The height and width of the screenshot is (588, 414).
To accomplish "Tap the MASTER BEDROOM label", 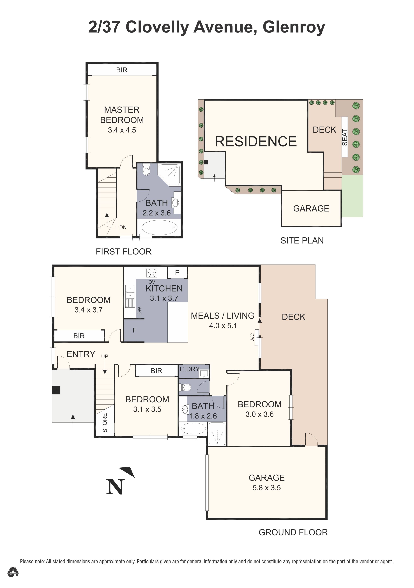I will (x=122, y=115).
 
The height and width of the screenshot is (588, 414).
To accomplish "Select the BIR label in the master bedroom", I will (x=122, y=70).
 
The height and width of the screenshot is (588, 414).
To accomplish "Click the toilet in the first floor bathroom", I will (x=146, y=170).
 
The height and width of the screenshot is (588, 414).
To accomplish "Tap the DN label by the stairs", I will (x=123, y=227).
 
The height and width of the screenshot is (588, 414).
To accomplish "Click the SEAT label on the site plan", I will (x=345, y=137).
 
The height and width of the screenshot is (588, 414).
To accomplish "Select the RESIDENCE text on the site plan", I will (x=256, y=141).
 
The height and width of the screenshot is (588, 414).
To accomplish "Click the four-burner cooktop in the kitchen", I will (x=152, y=273).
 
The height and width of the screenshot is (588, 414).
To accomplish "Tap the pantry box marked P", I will (x=177, y=272).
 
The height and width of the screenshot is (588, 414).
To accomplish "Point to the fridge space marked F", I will (x=135, y=330).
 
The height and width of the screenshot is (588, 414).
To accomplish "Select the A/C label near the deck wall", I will (x=252, y=337).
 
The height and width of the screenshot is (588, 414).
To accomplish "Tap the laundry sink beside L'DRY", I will (x=204, y=374).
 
